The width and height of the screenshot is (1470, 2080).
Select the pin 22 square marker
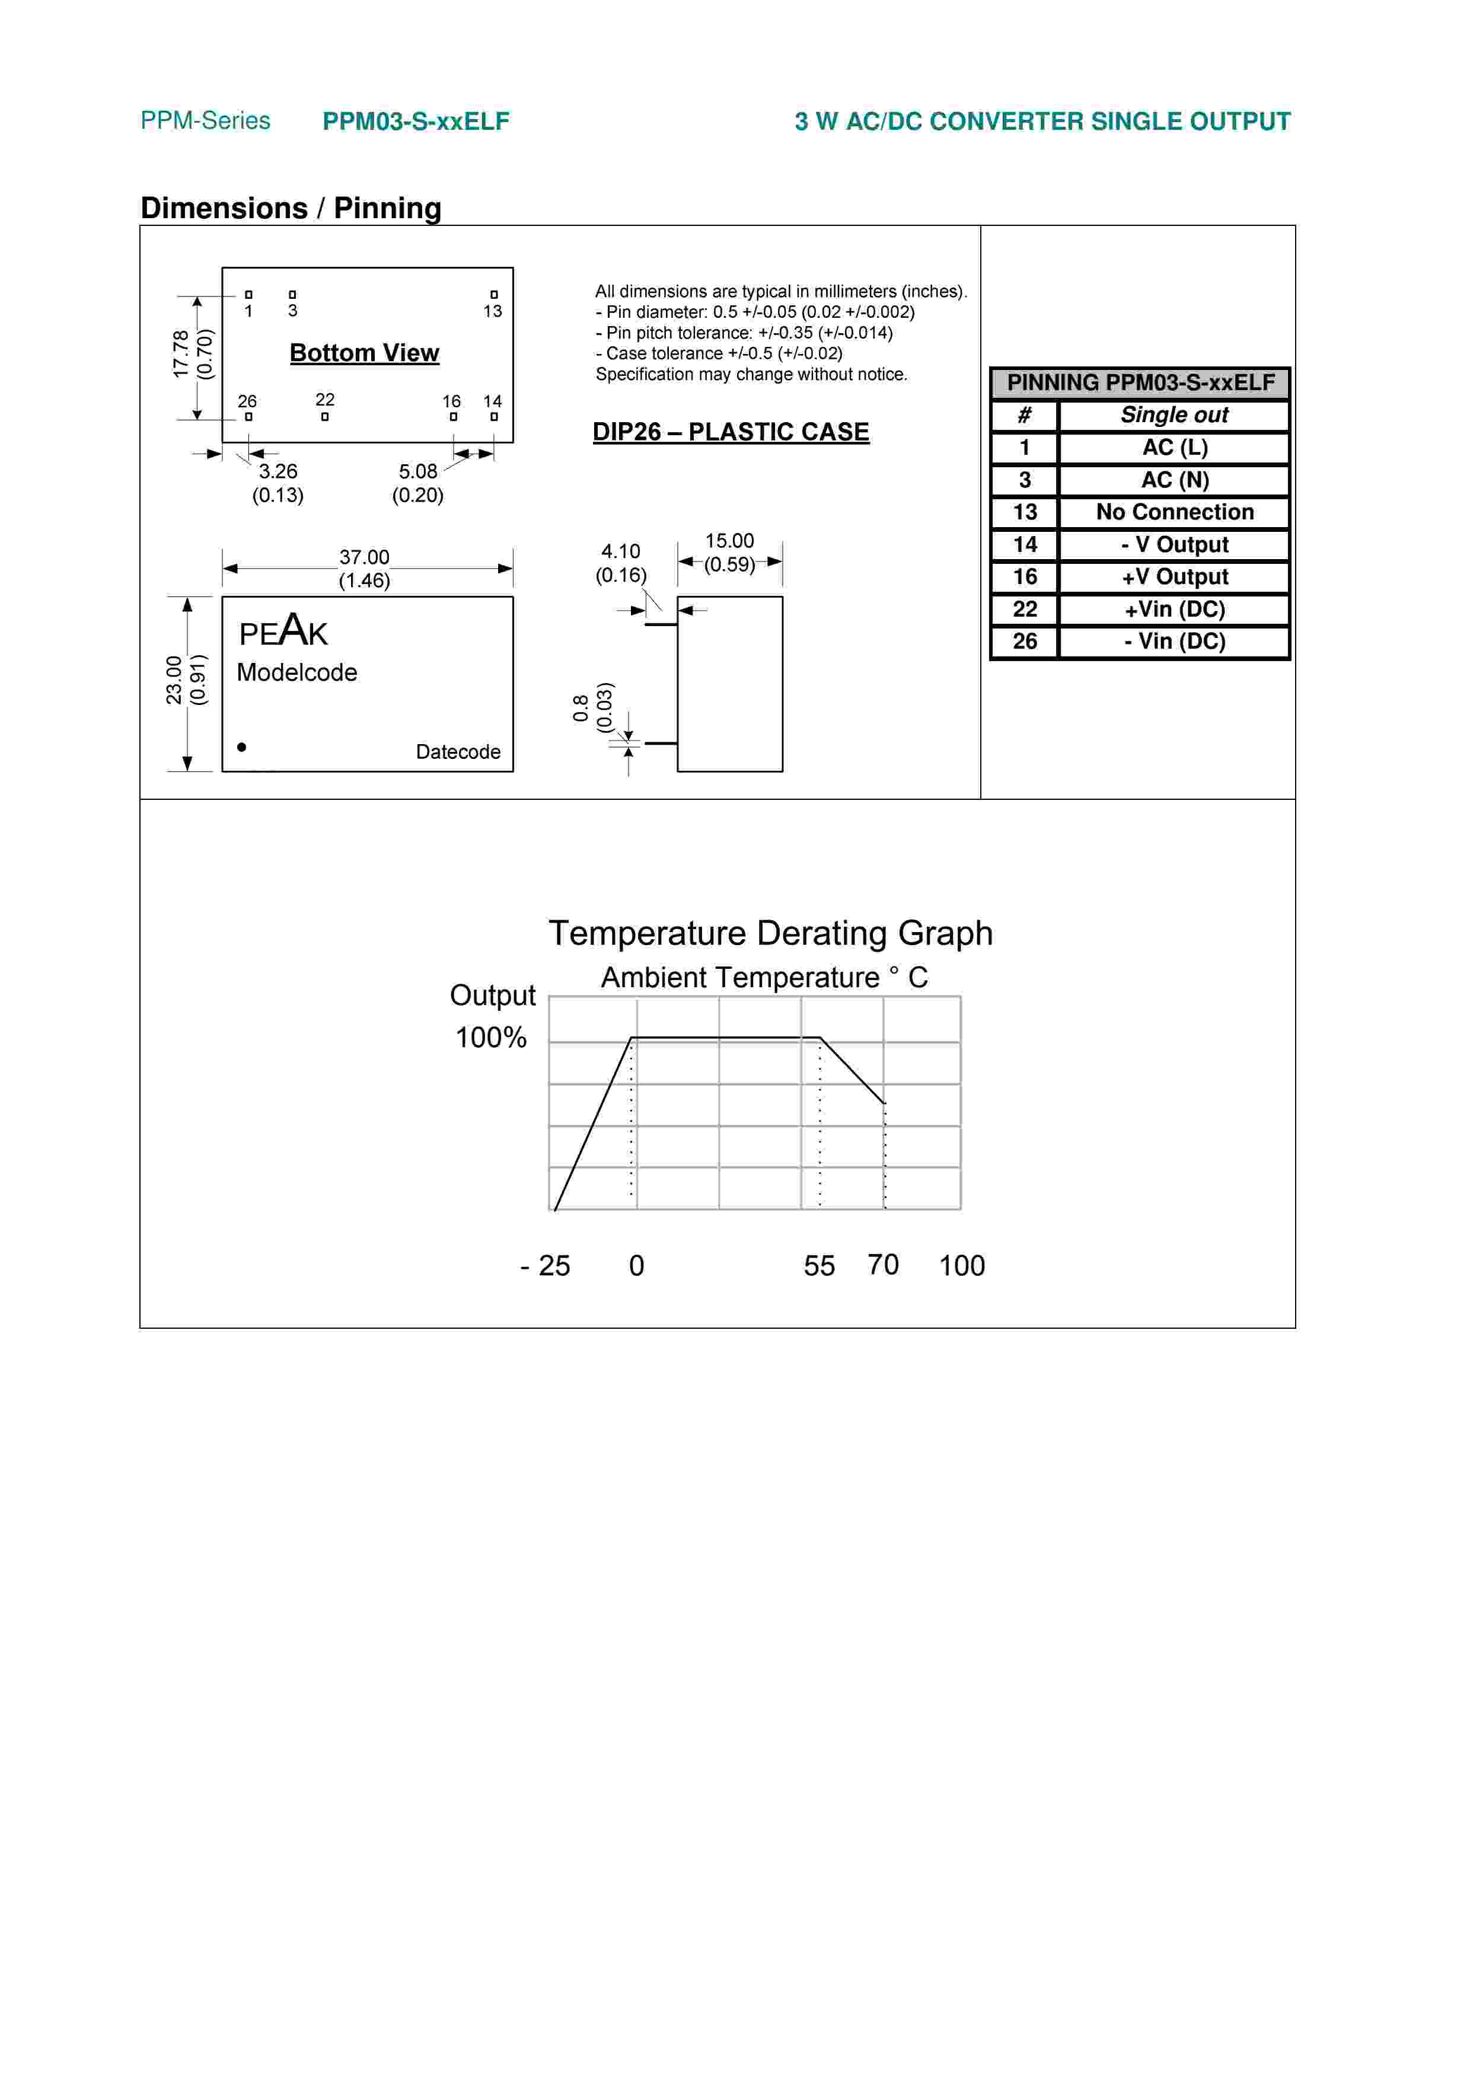pyautogui.click(x=324, y=417)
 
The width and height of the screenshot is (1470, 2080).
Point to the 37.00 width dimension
pyautogui.click(x=364, y=558)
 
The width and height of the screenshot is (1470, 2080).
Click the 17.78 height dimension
pyautogui.click(x=181, y=354)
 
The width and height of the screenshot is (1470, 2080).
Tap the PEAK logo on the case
pyautogui.click(x=283, y=631)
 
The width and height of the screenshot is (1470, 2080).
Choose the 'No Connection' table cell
pyautogui.click(x=1174, y=512)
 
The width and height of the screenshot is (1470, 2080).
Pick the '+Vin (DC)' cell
pyautogui.click(x=1174, y=609)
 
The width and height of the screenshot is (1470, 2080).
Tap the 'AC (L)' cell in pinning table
pyautogui.click(x=1174, y=448)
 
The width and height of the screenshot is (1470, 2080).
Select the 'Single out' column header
pyautogui.click(x=1174, y=415)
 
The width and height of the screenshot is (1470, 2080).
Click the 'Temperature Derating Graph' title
pyautogui.click(x=770, y=933)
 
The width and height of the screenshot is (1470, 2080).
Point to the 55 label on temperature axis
pyautogui.click(x=819, y=1265)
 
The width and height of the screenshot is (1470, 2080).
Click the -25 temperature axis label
pyautogui.click(x=546, y=1265)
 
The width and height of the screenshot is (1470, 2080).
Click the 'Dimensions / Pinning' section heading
pyautogui.click(x=291, y=208)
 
